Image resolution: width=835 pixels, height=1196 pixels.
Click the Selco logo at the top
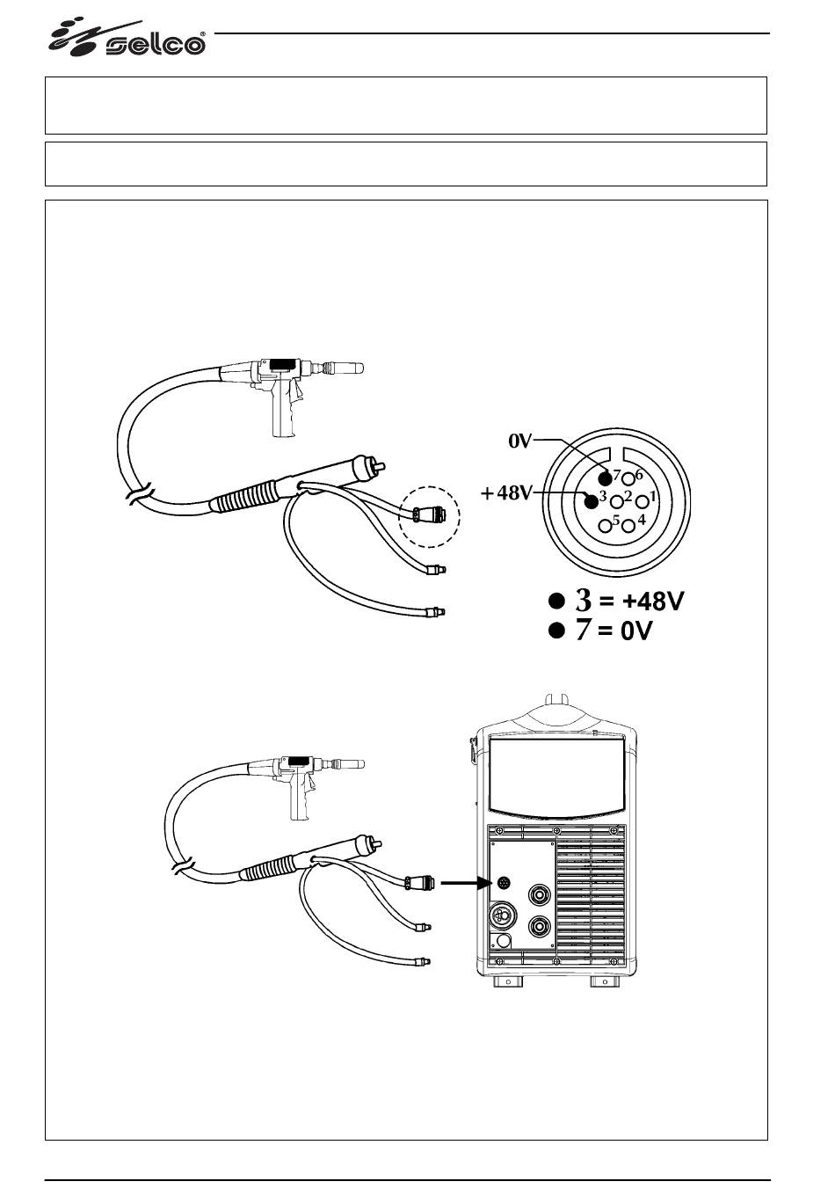point(127,39)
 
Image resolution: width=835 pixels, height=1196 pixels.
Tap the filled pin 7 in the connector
point(605,478)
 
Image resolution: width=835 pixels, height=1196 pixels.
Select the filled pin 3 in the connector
point(591,501)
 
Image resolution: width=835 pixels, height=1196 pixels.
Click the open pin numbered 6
point(628,478)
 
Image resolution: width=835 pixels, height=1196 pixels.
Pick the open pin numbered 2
point(617,502)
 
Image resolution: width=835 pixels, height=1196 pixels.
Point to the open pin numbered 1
point(643,501)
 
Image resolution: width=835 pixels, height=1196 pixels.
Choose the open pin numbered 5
point(605,525)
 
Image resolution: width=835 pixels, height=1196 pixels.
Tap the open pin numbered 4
point(629,525)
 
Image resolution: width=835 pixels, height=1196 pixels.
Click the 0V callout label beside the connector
point(520,441)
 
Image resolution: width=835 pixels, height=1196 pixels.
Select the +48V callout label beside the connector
point(506,492)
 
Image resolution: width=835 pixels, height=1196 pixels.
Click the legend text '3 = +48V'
point(629,600)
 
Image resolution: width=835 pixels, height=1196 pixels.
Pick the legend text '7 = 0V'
point(614,631)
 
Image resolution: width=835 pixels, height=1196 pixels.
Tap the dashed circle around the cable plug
point(430,486)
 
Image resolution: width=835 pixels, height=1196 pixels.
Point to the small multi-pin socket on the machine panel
point(502,882)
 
